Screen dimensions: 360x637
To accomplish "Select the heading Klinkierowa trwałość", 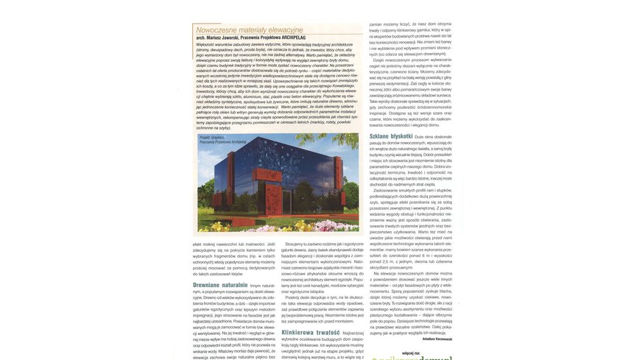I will pos(310,333).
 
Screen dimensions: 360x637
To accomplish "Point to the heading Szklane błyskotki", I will pos(391,136).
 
